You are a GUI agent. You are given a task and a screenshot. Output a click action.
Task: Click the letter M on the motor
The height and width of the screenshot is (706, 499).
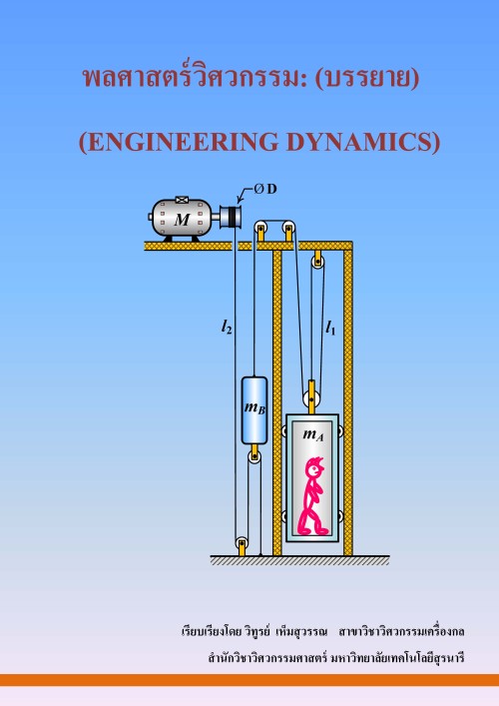(183, 220)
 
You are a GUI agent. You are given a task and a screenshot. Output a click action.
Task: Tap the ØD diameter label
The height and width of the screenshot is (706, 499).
(265, 189)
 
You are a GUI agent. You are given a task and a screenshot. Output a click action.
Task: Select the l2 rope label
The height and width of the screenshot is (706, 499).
(227, 327)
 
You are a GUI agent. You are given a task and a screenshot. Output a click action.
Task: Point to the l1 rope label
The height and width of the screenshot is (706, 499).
(330, 328)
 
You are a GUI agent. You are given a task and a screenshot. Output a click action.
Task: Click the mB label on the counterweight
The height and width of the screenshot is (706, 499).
(254, 408)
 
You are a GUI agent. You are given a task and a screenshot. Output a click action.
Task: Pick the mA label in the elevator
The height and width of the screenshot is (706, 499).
(313, 434)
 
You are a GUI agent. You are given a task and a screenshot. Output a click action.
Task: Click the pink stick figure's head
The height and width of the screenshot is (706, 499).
(314, 468)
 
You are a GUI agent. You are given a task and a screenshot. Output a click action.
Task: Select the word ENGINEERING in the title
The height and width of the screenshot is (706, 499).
(183, 142)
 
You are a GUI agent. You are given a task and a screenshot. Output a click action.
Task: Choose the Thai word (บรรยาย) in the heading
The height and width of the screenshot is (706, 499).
(367, 78)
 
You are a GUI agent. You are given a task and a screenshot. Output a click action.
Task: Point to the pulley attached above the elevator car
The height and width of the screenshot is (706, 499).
(311, 399)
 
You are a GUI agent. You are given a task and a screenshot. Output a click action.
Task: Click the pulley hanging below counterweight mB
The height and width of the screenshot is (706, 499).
(254, 457)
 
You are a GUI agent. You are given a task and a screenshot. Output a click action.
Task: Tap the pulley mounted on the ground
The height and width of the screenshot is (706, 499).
(242, 542)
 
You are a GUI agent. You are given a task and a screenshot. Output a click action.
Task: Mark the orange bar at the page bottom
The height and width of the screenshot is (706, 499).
(249, 680)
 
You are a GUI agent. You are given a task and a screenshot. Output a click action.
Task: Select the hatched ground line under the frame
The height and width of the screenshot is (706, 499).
(299, 560)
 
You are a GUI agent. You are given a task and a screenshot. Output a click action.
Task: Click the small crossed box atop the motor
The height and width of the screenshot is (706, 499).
(182, 200)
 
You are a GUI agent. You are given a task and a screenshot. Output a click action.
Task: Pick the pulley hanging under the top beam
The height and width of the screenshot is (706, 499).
(317, 262)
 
